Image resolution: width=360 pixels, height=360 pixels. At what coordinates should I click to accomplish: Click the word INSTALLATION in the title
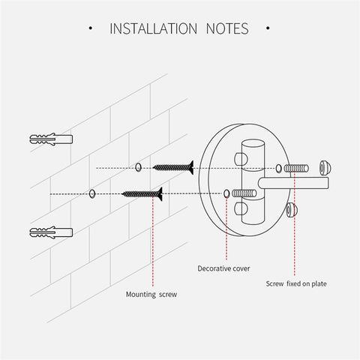[x=154, y=28]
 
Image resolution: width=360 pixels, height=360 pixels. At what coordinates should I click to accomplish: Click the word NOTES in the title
[x=227, y=28]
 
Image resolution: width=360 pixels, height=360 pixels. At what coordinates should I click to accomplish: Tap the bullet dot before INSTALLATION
[x=91, y=28]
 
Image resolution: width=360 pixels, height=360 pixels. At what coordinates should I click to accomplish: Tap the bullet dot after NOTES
[x=268, y=28]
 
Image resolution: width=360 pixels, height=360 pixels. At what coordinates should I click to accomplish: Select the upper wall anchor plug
[x=51, y=139]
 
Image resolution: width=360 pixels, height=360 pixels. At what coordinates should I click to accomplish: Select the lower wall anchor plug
[x=51, y=232]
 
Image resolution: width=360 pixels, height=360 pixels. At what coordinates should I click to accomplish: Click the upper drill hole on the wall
[x=138, y=167]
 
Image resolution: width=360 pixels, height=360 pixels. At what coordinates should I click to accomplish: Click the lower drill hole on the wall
[x=92, y=193]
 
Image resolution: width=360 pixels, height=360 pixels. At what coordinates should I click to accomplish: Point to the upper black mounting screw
[x=173, y=167]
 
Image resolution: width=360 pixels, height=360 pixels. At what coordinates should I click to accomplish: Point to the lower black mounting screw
[x=142, y=193]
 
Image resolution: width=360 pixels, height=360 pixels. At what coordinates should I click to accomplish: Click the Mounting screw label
[x=151, y=294]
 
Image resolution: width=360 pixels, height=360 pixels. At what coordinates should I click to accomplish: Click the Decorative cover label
[x=223, y=268]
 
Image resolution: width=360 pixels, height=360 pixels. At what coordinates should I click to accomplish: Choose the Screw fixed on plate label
[x=296, y=283]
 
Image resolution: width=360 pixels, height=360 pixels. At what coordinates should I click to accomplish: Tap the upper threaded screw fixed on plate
[x=296, y=169]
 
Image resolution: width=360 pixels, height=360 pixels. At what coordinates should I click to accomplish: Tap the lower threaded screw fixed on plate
[x=244, y=193]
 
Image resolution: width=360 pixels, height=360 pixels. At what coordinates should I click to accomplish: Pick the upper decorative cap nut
[x=325, y=167]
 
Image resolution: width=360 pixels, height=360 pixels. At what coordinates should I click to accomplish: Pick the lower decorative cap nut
[x=292, y=210]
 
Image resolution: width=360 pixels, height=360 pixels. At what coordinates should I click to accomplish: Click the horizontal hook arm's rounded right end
[x=328, y=183]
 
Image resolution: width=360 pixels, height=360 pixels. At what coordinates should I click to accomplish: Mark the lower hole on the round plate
[x=226, y=193]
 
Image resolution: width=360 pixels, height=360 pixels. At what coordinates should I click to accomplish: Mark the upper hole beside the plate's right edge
[x=278, y=169]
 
